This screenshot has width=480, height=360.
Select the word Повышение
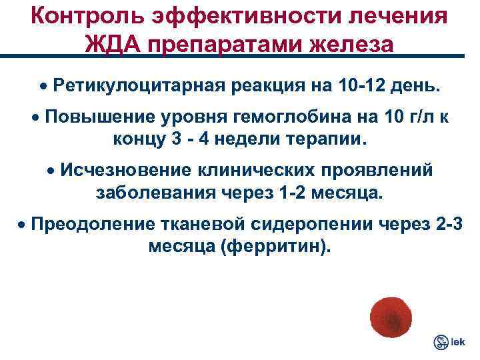coord(105,118)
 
